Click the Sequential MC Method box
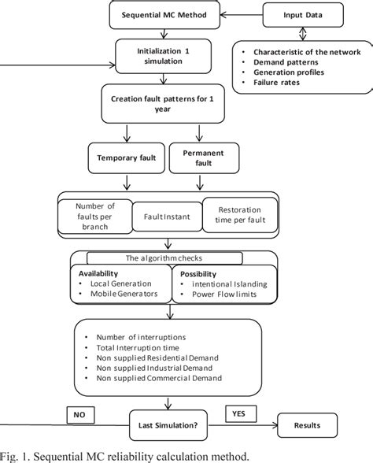pos(162,15)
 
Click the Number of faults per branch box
pos(94,214)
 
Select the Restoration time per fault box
pos(240,215)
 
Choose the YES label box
pos(238,413)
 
